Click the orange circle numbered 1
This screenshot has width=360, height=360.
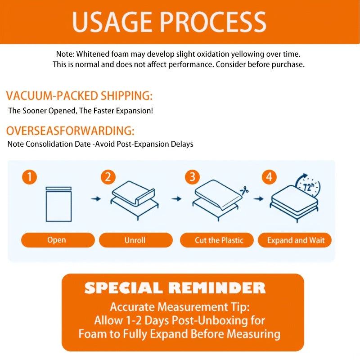point(29,177)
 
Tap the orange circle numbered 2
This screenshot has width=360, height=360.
point(108,177)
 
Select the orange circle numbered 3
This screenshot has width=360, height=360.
point(193,177)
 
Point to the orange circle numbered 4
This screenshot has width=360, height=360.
point(269,177)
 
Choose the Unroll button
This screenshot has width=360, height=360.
point(136,240)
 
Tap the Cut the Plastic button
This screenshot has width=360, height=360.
point(217,240)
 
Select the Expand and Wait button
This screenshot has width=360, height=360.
point(295,240)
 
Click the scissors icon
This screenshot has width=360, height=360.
point(244,191)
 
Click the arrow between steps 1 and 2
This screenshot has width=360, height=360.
point(96,198)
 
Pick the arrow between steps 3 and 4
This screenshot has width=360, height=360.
point(258,198)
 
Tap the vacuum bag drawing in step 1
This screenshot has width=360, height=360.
point(58,204)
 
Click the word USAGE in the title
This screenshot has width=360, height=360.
point(112,22)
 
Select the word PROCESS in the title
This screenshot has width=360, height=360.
point(213,22)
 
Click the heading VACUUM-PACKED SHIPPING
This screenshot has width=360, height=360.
point(79,96)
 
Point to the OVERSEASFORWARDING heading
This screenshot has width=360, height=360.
point(70,130)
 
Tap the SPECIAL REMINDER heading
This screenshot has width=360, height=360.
point(175,288)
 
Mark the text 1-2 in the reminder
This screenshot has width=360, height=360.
point(134,320)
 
